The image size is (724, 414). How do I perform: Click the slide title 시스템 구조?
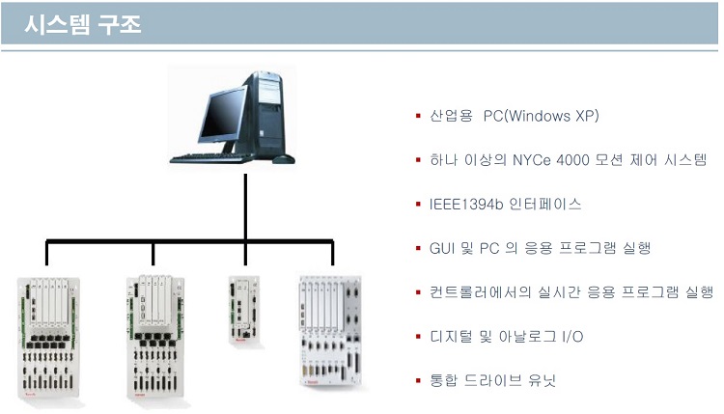point(83,24)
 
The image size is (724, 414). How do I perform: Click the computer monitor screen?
point(222,115)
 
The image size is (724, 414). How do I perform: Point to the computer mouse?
point(283,159)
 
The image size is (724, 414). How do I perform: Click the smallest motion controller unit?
point(245,310)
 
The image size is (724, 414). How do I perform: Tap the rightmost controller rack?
point(330,331)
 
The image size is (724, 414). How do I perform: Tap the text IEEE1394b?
point(466,204)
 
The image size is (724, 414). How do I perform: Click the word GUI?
point(442,248)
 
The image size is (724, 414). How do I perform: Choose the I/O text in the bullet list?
point(572,337)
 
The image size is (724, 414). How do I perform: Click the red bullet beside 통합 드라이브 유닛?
point(418,381)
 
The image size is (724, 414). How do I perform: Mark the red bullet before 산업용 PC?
point(418,116)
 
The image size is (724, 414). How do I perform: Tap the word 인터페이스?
point(544,204)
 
